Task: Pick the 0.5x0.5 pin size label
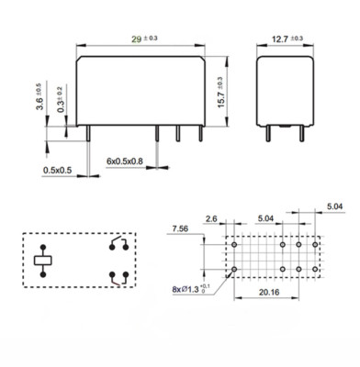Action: click(57, 170)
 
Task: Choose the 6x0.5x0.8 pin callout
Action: click(125, 161)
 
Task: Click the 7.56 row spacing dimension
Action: click(180, 228)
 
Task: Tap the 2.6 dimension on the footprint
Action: click(211, 218)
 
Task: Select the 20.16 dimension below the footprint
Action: click(269, 292)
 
